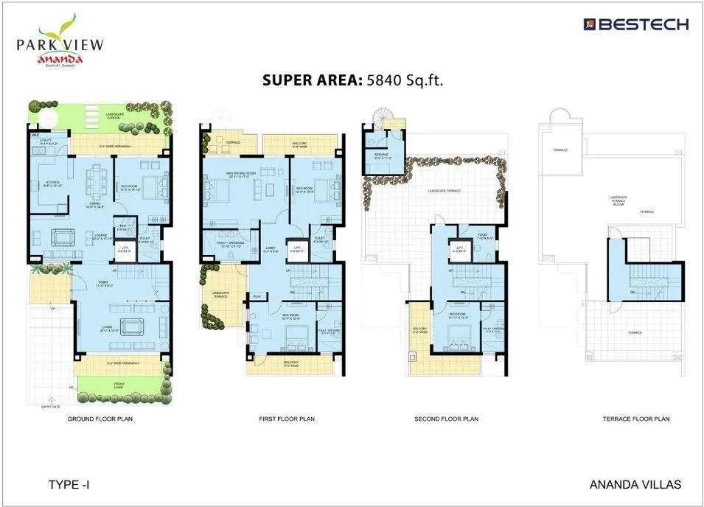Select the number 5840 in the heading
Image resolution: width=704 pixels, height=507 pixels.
[x=387, y=80]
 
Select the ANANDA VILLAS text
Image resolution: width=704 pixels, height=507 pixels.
[x=635, y=485]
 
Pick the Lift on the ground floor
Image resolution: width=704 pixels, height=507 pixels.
[x=125, y=251]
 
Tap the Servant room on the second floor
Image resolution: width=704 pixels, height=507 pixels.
[x=381, y=157]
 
